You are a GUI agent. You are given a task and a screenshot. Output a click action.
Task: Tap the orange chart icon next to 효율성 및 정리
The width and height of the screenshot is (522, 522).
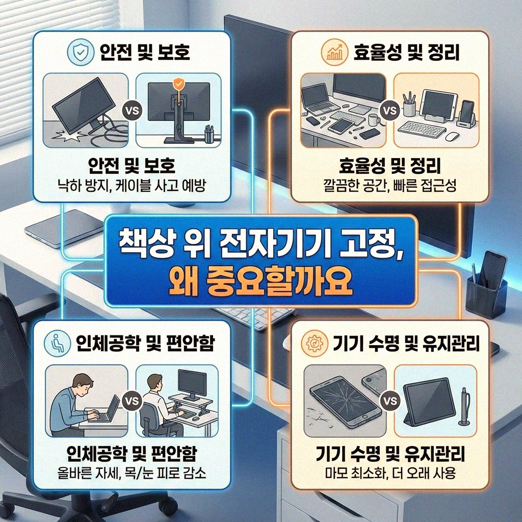[x=333, y=53]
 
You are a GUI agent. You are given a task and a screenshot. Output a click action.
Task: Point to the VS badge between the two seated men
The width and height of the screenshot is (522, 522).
[x=132, y=401]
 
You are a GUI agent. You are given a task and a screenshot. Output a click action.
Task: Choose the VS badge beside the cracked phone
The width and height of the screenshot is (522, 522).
[x=390, y=401]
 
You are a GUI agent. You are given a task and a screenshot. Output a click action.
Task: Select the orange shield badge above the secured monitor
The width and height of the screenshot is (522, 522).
[x=178, y=84]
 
